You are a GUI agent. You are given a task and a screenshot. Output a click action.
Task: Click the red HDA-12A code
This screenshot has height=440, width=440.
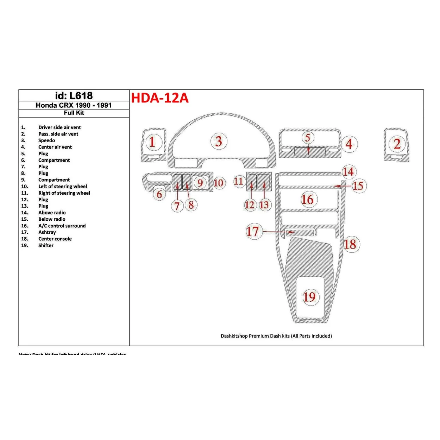pyautogui.click(x=160, y=98)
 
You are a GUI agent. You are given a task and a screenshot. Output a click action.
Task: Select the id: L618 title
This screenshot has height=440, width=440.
pyautogui.click(x=74, y=96)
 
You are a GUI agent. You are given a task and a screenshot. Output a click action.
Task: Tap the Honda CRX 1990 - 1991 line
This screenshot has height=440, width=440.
pyautogui.click(x=74, y=105)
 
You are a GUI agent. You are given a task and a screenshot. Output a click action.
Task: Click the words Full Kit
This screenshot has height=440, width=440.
pyautogui.click(x=74, y=113)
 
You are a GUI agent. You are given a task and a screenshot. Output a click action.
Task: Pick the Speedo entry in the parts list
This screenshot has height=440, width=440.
pyautogui.click(x=46, y=140)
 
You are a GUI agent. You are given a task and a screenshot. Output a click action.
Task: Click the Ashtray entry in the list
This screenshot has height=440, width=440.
pyautogui.click(x=47, y=232)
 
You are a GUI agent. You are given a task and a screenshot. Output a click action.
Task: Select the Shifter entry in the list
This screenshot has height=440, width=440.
pyautogui.click(x=46, y=245)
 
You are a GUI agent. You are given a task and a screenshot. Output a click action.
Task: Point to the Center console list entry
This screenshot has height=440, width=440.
pyautogui.click(x=55, y=239)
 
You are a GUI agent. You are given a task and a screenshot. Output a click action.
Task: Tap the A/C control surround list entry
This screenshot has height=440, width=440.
pyautogui.click(x=62, y=226)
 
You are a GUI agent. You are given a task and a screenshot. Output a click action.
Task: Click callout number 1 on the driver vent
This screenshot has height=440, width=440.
pyautogui.click(x=152, y=142)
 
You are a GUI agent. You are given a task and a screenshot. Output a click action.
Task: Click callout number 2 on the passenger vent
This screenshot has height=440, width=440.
pyautogui.click(x=397, y=144)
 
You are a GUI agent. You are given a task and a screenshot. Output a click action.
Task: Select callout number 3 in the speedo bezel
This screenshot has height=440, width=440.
pyautogui.click(x=219, y=141)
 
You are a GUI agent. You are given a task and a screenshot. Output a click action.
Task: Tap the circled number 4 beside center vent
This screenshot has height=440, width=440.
pyautogui.click(x=349, y=144)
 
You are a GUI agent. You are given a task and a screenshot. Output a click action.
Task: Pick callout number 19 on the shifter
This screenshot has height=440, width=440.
pyautogui.click(x=310, y=297)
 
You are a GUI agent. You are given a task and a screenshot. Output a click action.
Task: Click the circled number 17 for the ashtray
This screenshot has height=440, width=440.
pyautogui.click(x=253, y=232)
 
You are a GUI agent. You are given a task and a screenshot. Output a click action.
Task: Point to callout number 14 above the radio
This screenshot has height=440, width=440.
pyautogui.click(x=348, y=172)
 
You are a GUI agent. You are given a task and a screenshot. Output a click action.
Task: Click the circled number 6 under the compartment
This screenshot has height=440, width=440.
pyautogui.click(x=159, y=194)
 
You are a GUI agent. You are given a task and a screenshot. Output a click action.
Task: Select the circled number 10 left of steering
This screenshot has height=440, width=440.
pyautogui.click(x=219, y=183)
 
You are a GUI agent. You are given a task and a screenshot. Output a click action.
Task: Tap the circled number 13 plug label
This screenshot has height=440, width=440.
pyautogui.click(x=264, y=205)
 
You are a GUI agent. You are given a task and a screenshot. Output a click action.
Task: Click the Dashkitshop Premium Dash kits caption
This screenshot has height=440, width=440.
pyautogui.click(x=276, y=336)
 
